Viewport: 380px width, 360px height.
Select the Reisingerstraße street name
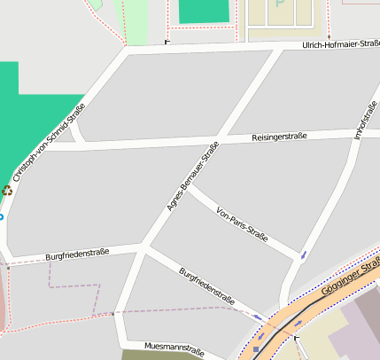coord(279,137)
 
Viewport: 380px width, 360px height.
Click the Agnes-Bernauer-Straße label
coord(192,178)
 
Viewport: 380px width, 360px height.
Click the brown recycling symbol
coord(8,190)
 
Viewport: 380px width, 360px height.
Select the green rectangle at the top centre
coord(203,11)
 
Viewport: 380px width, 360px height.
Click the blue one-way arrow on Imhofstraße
coord(304,255)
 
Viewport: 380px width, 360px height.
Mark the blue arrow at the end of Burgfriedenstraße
coord(258,317)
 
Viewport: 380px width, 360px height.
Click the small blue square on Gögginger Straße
coord(256,349)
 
